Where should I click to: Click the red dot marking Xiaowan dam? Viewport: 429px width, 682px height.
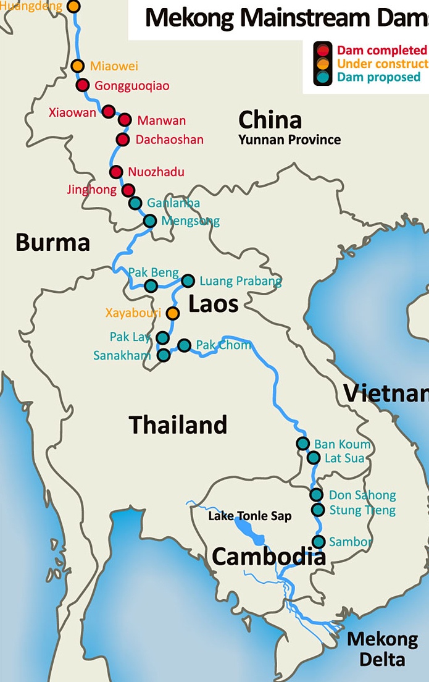109,112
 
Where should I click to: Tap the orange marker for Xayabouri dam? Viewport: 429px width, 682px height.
173,313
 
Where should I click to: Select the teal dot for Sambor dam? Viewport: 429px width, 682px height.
319,542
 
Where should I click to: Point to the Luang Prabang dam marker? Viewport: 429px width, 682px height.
188,281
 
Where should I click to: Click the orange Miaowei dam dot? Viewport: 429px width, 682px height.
78,66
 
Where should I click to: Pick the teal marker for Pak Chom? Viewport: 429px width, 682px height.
184,345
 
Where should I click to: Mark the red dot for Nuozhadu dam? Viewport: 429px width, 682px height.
115,172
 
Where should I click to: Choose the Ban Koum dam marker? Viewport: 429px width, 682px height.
302,444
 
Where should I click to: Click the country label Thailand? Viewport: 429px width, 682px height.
178,425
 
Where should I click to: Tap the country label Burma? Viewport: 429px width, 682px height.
52,242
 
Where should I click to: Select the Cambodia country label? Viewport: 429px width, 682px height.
269,557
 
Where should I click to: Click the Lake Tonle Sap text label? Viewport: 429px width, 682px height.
249,516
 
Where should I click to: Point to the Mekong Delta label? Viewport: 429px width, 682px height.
382,649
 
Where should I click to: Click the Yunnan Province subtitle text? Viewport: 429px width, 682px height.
289,140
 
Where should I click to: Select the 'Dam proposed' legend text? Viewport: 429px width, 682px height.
378,77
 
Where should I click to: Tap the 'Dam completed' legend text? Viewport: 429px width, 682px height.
381,50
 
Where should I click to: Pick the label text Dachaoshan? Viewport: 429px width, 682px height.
169,140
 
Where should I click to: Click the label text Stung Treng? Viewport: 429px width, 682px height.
362,510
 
